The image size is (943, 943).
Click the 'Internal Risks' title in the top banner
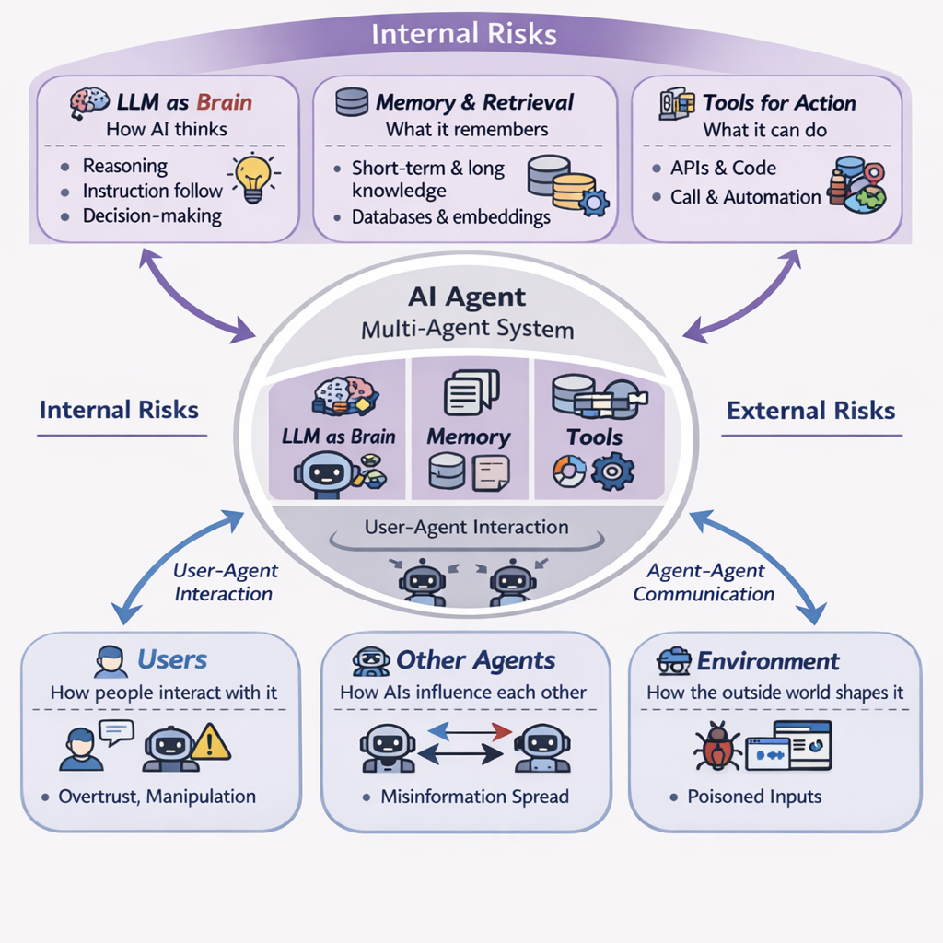pos(464,35)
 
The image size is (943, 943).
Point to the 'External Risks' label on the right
pos(810,410)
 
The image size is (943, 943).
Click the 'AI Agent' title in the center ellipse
pos(466,297)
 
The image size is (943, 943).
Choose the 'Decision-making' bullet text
pos(152,216)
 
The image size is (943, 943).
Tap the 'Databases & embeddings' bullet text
pos(451,217)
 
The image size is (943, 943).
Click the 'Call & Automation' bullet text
pos(745,197)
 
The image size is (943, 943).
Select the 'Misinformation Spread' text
pos(474,797)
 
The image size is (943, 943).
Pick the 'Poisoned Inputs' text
pos(754,797)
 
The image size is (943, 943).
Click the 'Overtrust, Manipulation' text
pos(157,797)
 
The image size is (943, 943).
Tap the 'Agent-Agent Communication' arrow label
pos(704,583)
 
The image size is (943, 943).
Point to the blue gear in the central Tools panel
pos(608,472)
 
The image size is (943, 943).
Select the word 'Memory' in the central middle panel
pos(468,437)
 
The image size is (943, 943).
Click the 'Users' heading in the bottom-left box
pos(172,660)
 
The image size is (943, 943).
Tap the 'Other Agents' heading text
pos(475,660)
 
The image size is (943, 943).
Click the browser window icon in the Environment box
pos(788,745)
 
